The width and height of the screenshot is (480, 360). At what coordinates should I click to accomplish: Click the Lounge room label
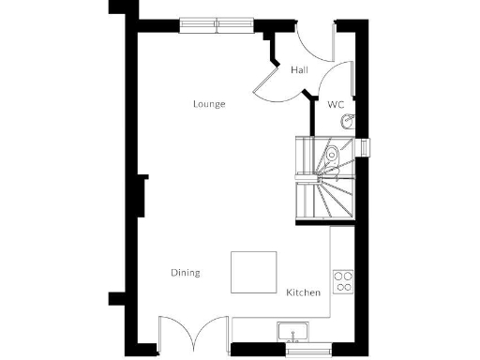click(x=209, y=104)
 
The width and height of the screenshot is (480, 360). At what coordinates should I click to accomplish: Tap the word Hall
click(x=299, y=70)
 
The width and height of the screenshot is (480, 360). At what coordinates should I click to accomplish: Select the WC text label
click(x=336, y=105)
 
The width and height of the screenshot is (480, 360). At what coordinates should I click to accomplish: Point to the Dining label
click(x=185, y=273)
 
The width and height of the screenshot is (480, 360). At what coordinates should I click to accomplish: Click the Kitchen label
click(x=303, y=292)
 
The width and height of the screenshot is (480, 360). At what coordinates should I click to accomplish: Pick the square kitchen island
click(x=255, y=272)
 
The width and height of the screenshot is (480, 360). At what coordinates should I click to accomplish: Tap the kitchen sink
click(x=292, y=332)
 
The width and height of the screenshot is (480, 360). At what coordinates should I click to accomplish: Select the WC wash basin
click(x=348, y=121)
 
